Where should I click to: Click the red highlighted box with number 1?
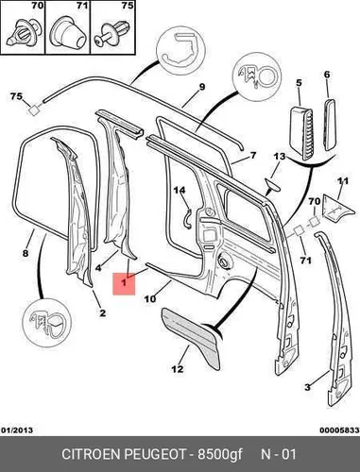tap(124, 284)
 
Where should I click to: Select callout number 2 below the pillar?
tap(102, 312)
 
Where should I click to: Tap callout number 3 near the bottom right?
tap(307, 387)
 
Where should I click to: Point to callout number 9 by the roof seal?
tap(202, 87)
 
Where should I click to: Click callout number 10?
tap(150, 298)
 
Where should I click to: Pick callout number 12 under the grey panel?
tap(178, 368)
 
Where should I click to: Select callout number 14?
tap(180, 190)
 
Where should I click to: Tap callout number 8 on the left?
tap(26, 253)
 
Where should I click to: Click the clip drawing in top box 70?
tap(24, 34)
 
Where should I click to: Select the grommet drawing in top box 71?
tap(68, 33)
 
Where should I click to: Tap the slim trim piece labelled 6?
tap(331, 125)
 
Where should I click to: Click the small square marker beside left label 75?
tap(34, 110)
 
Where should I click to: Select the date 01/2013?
tap(17, 430)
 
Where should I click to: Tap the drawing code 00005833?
tap(339, 430)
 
